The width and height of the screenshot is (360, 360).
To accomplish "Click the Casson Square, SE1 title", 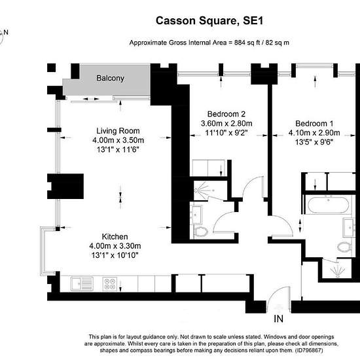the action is pyautogui.click(x=209, y=21).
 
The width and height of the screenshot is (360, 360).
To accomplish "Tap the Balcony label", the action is pyautogui.click(x=110, y=78).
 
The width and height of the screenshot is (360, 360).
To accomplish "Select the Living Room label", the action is pyautogui.click(x=118, y=131).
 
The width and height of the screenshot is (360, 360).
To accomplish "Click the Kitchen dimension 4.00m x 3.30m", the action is pyautogui.click(x=115, y=246).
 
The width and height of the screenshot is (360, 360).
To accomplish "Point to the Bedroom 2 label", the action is pyautogui.click(x=226, y=114).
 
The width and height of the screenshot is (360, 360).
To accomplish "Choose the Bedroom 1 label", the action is pyautogui.click(x=314, y=124).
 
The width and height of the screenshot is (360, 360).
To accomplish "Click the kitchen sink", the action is pyautogui.click(x=82, y=283).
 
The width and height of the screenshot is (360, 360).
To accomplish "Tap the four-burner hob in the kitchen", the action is pyautogui.click(x=110, y=284).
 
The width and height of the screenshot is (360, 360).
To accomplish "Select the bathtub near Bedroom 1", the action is pyautogui.click(x=329, y=206).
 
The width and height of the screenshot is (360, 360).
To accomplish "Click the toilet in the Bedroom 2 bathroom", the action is pyautogui.click(x=201, y=232).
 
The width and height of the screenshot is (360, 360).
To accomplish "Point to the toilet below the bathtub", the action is pyautogui.click(x=344, y=247).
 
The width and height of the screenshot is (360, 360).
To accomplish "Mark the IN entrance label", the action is pyautogui.click(x=278, y=319).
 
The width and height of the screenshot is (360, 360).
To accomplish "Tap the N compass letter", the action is pyautogui.click(x=6, y=32).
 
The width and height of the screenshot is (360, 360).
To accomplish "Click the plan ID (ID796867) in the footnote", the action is pyautogui.click(x=309, y=351).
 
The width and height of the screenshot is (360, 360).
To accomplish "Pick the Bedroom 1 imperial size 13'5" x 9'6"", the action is pyautogui.click(x=314, y=142).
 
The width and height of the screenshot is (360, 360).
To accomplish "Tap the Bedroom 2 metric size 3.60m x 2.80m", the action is pyautogui.click(x=226, y=124).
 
